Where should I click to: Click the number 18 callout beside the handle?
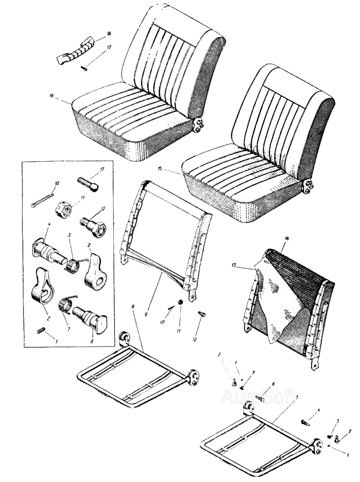[x=108, y=34]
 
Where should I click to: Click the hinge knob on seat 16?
[x=199, y=124]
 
